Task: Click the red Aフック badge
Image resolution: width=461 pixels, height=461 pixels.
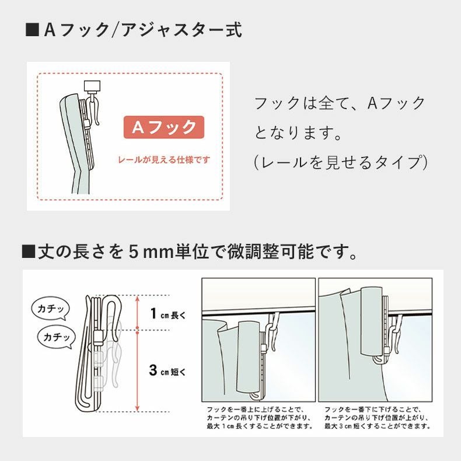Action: [x=163, y=127]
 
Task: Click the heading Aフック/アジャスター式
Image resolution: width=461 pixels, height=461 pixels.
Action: [x=143, y=30]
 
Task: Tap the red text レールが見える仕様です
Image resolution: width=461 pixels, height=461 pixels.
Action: [x=163, y=159]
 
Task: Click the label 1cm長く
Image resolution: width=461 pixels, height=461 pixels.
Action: [x=167, y=315]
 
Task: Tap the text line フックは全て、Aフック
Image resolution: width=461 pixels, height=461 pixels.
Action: [x=340, y=104]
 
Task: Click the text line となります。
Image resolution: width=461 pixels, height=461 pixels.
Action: [x=298, y=133]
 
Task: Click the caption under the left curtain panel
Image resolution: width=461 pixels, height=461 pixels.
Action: [x=259, y=418]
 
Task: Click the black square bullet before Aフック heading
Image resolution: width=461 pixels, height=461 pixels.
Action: [x=32, y=30]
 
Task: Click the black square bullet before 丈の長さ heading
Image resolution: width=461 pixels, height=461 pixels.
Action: [x=28, y=252]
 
